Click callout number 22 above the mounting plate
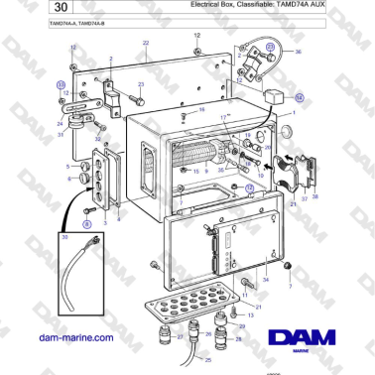coord(146,45)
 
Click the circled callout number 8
coord(86,226)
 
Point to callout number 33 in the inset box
coord(66,237)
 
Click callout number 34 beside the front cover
coord(265,281)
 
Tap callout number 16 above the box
coord(201,109)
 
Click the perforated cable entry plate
coord(194,302)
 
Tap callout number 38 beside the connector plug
coord(314,197)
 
